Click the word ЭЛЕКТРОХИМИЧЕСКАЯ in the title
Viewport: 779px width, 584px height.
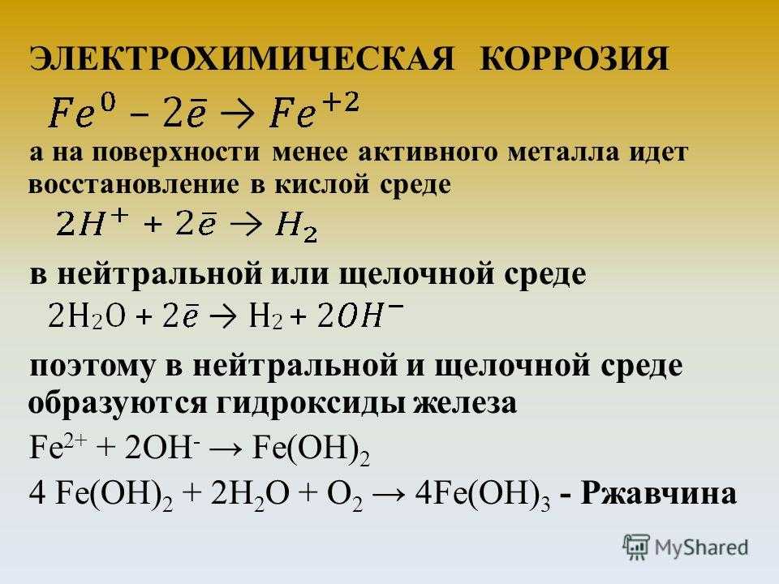[x=242, y=58]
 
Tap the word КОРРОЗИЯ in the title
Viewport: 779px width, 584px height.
[x=575, y=58]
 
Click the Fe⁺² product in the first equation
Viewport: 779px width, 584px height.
[x=314, y=111]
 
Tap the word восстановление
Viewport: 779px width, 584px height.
[x=134, y=184]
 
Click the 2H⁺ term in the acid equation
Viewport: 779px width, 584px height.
[x=93, y=223]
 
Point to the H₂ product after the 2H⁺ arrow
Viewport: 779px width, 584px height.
[x=296, y=226]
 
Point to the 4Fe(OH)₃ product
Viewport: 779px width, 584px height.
[x=482, y=495]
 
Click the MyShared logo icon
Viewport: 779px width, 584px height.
[x=636, y=547]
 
